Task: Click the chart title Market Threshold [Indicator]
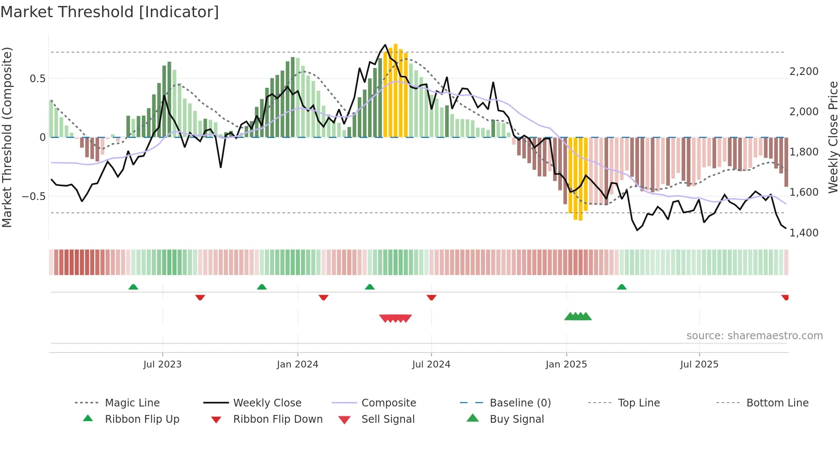[110, 12]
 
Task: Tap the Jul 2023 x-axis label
[162, 364]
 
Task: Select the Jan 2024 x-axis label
[297, 364]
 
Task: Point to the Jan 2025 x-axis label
[566, 364]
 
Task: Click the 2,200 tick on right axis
[804, 72]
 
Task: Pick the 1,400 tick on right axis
[804, 233]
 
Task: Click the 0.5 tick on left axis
[37, 79]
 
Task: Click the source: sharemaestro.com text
[754, 336]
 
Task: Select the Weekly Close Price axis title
[833, 137]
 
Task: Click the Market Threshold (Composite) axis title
[7, 137]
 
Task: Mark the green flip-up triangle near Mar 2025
[621, 287]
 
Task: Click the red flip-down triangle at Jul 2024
[432, 297]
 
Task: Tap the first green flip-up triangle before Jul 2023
[133, 287]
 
